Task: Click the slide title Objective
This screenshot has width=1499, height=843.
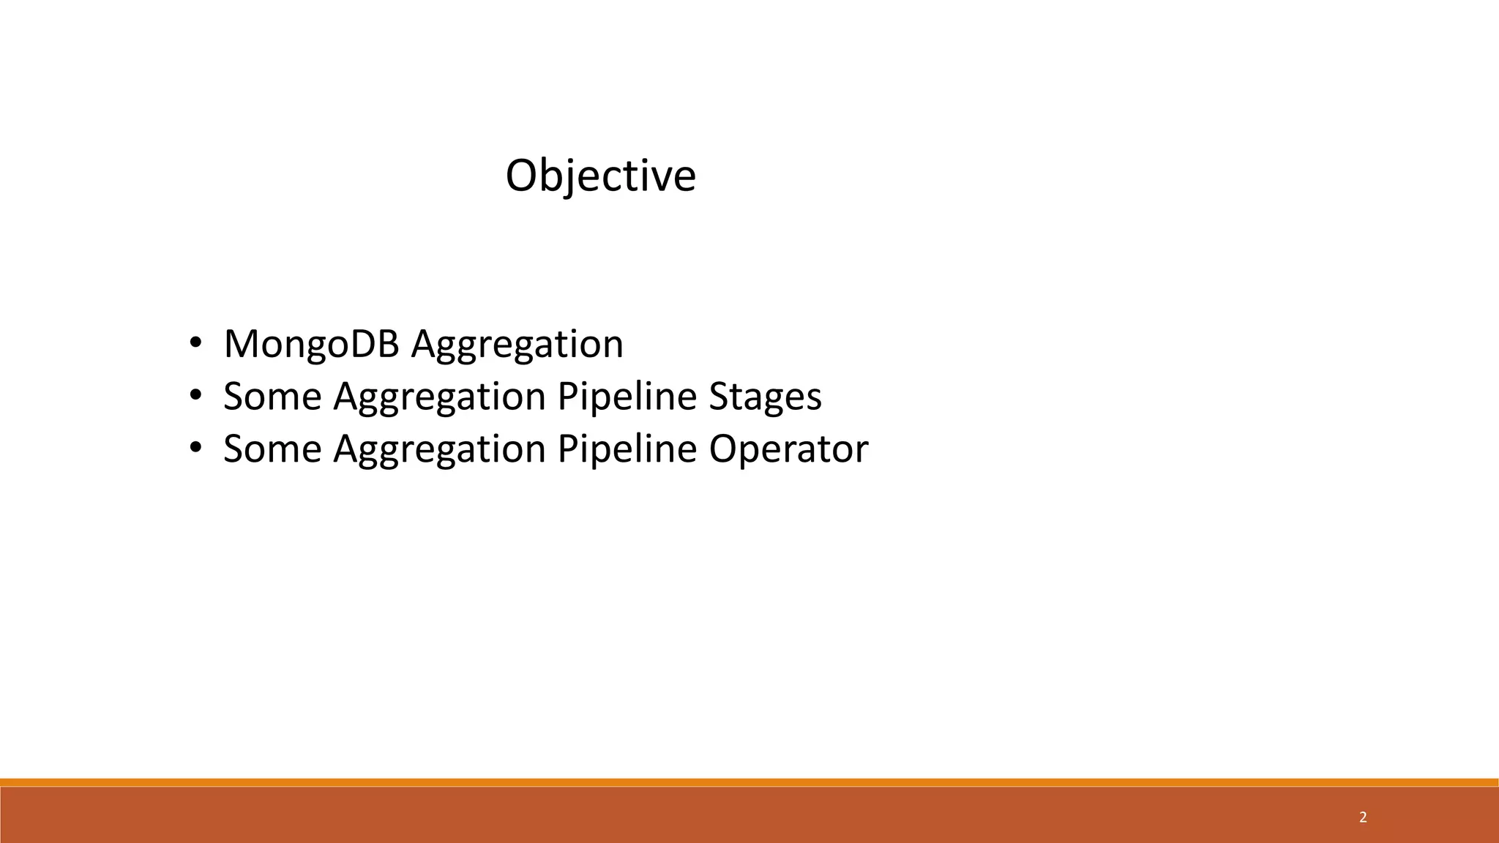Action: [600, 176]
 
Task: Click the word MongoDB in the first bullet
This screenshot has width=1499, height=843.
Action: [311, 344]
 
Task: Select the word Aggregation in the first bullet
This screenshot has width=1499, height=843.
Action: [517, 344]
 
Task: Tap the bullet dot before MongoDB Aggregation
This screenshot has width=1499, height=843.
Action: [195, 342]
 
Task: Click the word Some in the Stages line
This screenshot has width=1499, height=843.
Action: [272, 397]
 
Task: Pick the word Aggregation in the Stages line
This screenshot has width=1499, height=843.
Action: [439, 397]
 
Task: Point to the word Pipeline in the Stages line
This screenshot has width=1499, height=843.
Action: [627, 397]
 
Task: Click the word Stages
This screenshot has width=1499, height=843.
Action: [765, 397]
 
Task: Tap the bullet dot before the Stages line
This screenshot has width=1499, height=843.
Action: [195, 395]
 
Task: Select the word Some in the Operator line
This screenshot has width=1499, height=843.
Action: [272, 449]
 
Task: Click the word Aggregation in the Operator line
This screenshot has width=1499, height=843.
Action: [439, 449]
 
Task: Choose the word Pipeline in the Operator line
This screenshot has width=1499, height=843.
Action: [627, 449]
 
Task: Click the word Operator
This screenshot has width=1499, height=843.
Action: [788, 449]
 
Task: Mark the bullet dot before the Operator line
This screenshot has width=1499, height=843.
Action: [195, 447]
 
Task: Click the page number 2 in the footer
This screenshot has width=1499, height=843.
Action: [1363, 817]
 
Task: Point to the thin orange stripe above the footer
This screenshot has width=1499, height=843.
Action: [749, 782]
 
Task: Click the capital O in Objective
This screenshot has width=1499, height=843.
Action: [521, 176]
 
